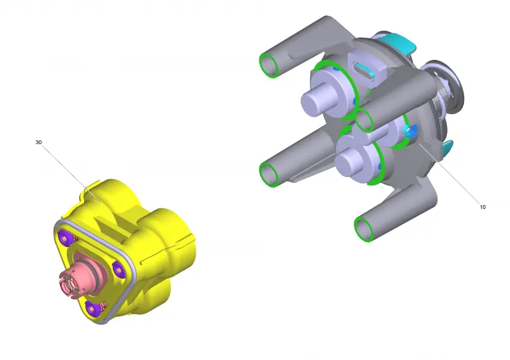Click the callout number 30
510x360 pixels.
38,142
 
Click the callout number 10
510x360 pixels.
483,207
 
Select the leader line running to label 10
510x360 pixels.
449,173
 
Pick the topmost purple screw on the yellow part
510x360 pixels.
65,237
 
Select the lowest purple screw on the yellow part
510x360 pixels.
92,308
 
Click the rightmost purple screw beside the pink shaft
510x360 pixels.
119,270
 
